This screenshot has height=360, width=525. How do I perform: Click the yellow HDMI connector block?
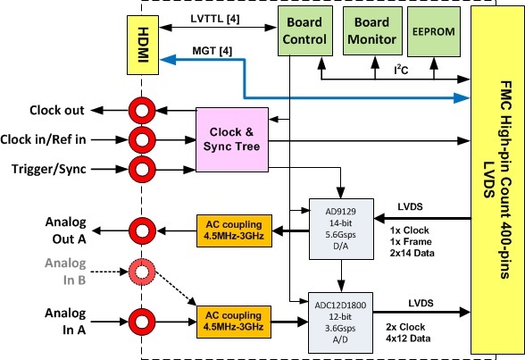(143, 45)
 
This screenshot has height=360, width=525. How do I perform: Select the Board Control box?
(305, 30)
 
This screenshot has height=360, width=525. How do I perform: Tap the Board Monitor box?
(372, 30)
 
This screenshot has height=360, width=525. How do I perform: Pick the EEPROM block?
(434, 31)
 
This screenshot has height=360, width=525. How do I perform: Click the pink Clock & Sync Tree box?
(232, 139)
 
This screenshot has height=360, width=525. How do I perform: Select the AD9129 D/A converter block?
(341, 229)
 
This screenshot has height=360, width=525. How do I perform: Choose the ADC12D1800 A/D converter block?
(340, 322)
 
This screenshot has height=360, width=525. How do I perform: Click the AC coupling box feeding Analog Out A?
(234, 231)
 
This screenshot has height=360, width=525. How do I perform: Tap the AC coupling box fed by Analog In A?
(234, 322)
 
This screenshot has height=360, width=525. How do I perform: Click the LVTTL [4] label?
(215, 19)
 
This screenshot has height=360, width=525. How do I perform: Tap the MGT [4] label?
(212, 51)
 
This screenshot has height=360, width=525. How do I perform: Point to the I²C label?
(401, 70)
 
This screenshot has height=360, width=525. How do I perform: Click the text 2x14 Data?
(412, 253)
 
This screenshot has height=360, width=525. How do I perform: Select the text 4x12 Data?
(408, 339)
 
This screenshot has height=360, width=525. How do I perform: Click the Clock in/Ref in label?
(43, 139)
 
